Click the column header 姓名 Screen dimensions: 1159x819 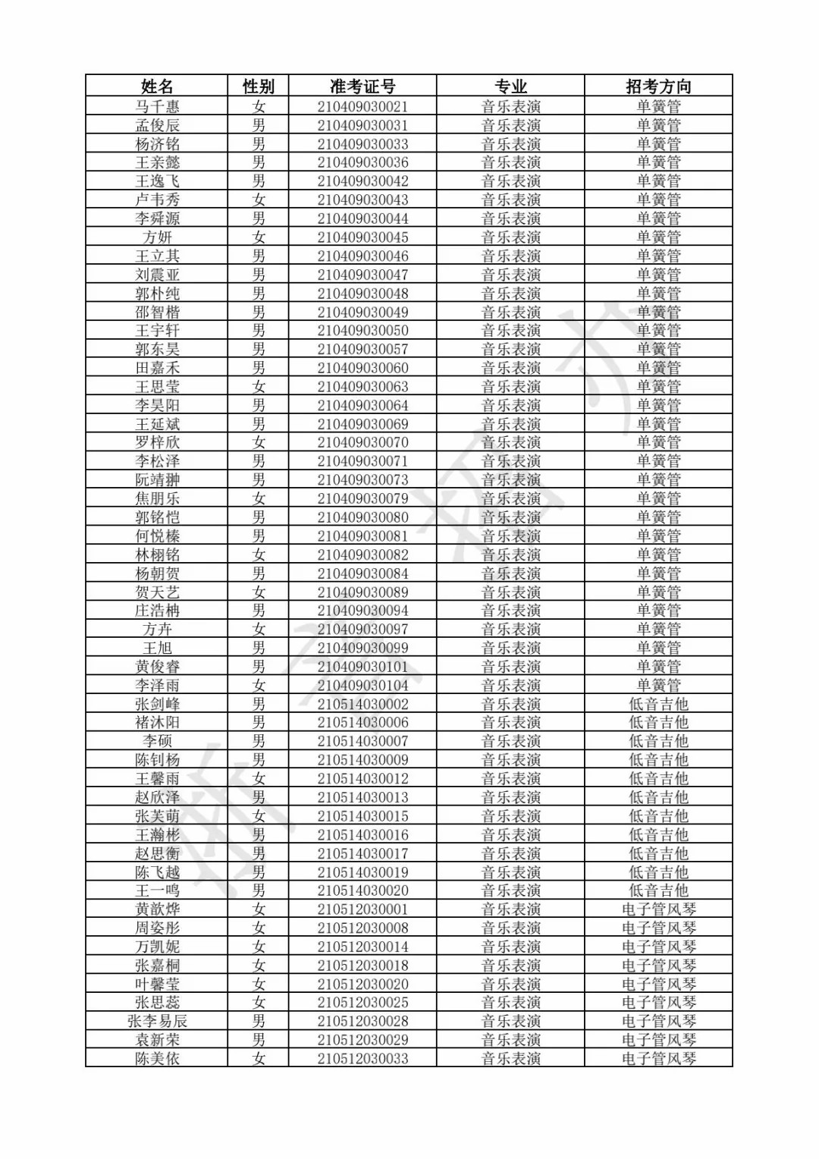[157, 86]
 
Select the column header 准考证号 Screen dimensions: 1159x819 [362, 86]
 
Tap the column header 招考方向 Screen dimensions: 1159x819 [658, 86]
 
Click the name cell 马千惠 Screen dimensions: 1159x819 [157, 106]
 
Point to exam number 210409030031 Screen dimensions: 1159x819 [362, 125]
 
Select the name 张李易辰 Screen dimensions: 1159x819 [157, 1021]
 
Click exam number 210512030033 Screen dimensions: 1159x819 [362, 1058]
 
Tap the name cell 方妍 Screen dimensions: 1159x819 [157, 237]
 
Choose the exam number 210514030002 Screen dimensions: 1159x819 [362, 704]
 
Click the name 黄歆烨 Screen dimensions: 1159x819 [157, 909]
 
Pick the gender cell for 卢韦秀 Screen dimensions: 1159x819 [259, 199]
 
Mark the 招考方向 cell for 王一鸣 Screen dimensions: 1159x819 [658, 890]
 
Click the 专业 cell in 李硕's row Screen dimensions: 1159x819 [510, 741]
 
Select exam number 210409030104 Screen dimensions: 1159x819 [362, 685]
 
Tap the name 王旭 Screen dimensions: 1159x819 [157, 648]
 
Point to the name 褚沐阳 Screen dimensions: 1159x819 [157, 722]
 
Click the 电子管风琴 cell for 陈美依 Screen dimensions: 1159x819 [658, 1058]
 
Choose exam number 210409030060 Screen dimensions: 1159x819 [362, 368]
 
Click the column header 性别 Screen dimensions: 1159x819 [259, 86]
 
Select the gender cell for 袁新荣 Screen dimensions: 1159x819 [259, 1040]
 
